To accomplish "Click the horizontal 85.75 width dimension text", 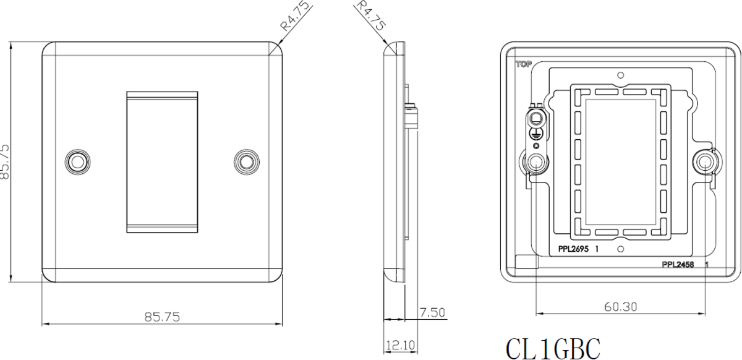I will pos(162,317).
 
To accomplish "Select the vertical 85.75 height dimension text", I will pos(6,162).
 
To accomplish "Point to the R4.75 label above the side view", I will pos(370,16).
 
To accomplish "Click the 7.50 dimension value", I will pos(432,312).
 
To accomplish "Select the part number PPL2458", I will pos(678,265).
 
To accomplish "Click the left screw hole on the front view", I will pos(78,161).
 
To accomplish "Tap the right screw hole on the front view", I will pos(247,161).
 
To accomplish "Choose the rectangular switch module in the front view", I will pos(162,162).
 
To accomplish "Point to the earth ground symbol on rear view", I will pos(535,132).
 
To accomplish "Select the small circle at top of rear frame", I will pos(620,75).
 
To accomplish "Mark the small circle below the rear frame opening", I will pos(620,249).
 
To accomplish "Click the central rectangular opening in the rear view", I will pos(620,161).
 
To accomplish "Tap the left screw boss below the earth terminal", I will pos(535,163).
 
